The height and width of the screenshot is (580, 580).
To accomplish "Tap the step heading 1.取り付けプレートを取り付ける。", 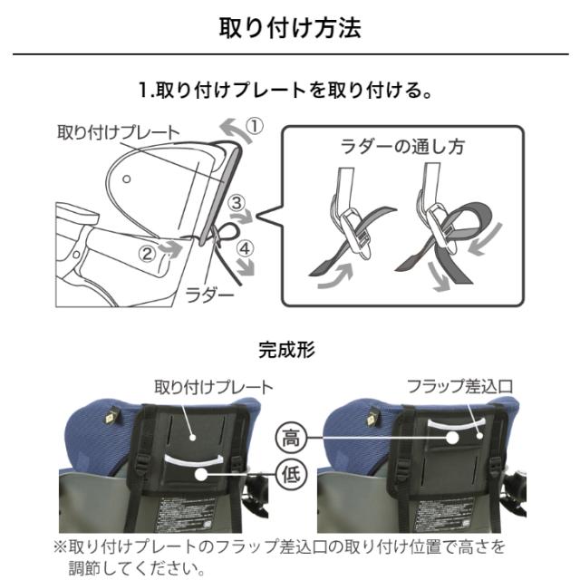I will tap(290, 92).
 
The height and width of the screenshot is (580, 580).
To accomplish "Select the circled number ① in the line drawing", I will tap(256, 128).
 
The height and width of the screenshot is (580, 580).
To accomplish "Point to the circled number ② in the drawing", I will tap(145, 251).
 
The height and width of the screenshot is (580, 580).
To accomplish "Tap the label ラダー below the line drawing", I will tap(210, 294).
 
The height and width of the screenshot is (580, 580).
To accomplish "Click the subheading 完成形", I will tap(289, 349).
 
